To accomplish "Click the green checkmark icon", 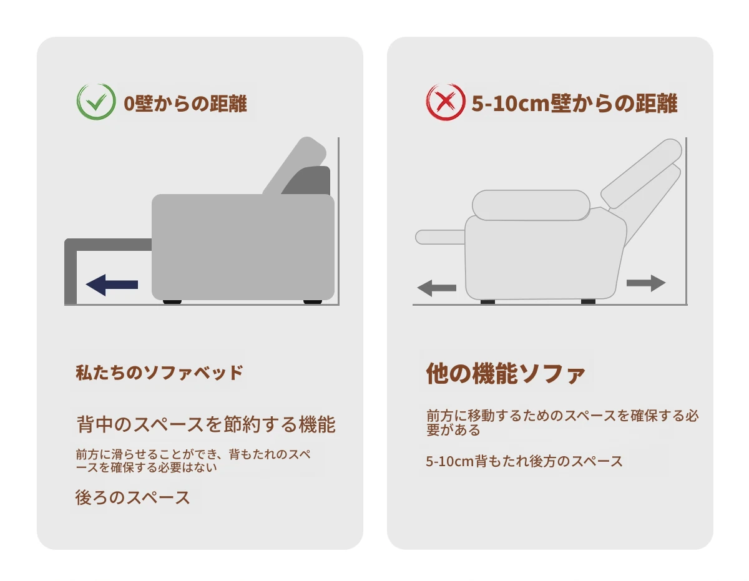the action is pos(96,102).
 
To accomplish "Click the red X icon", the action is pos(445,102).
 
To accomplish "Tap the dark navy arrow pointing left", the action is pos(112,285).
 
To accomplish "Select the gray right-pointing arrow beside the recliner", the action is pos(645,283).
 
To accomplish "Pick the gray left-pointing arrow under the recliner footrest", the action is pos(437,288).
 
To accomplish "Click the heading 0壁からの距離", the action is pos(185,103).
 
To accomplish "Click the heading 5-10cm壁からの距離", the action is pos(574,103).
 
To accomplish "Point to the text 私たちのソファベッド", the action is pos(159,373).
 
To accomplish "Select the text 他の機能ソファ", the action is pos(506,373).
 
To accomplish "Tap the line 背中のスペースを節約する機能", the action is pos(206,424).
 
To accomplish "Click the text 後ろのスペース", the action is pos(133,497).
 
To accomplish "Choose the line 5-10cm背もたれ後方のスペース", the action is pos(524,461).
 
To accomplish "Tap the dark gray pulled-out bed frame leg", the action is pos(71,271).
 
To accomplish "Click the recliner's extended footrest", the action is pos(440,237).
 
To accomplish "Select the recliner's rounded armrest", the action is pos(531,205).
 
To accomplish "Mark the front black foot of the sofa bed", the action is pos(172,302).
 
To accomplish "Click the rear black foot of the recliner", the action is pos(588,301).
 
